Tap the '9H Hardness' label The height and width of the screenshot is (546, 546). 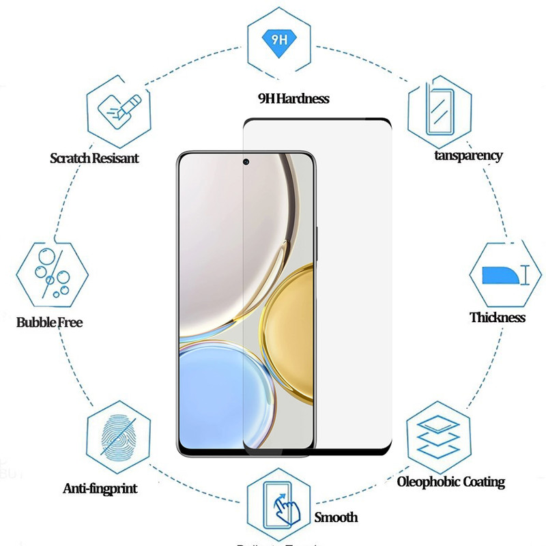coord(293,98)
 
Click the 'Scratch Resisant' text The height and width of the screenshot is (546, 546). coord(94,158)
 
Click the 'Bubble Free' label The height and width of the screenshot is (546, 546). coord(49,321)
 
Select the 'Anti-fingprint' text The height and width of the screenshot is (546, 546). coord(100,489)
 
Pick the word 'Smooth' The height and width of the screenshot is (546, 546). coord(336,517)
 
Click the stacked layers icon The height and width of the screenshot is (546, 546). coord(439,433)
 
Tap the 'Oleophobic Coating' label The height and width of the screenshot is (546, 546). coord(451,482)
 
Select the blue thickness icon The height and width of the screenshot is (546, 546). coord(500,275)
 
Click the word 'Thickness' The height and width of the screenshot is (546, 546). coord(498,317)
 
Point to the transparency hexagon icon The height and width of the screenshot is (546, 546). coord(440,110)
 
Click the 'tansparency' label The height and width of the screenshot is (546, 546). coord(468,155)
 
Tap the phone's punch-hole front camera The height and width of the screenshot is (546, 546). coord(245,162)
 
